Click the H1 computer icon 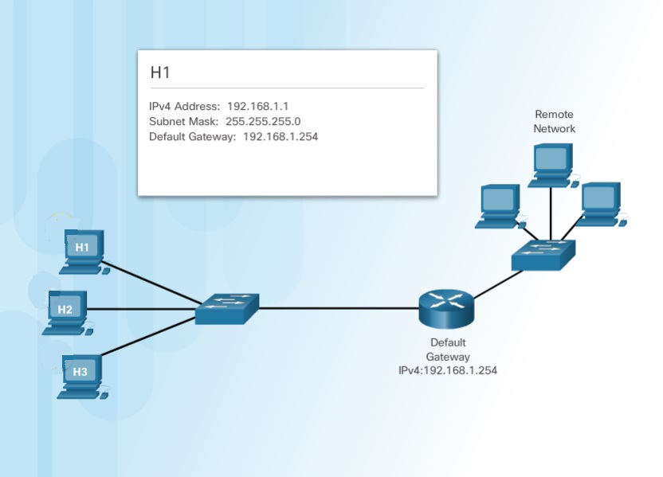pyautogui.click(x=84, y=250)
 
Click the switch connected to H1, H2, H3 pyautogui.click(x=228, y=307)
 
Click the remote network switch pyautogui.click(x=544, y=254)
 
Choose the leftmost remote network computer pyautogui.click(x=499, y=205)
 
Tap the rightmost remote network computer pyautogui.click(x=599, y=204)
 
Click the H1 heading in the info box pyautogui.click(x=161, y=72)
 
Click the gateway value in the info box pyautogui.click(x=280, y=137)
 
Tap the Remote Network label pyautogui.click(x=554, y=121)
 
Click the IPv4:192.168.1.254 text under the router pyautogui.click(x=448, y=370)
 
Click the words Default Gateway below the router pyautogui.click(x=448, y=350)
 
